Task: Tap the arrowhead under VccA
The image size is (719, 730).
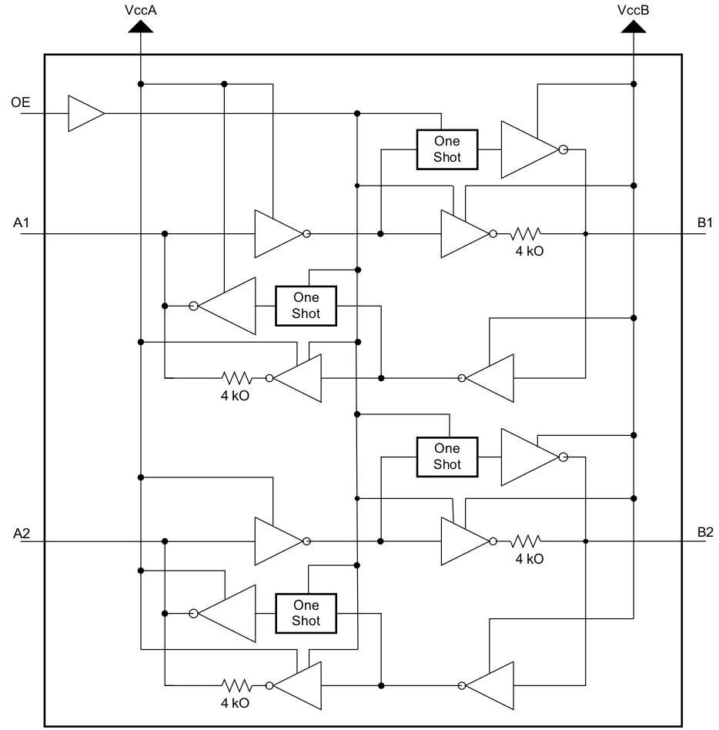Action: pos(141,27)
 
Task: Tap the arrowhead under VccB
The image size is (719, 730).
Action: pos(633,27)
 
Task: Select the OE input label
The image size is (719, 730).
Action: pos(21,102)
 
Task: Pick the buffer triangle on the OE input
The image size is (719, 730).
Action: pos(84,114)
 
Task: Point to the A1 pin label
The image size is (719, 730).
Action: pos(21,223)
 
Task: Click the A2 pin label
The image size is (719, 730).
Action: pos(21,532)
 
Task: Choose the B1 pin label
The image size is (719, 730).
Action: pos(704,223)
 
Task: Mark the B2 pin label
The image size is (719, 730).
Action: pos(704,532)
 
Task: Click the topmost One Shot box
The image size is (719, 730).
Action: pos(446,149)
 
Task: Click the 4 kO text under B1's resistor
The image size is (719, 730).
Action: pos(530,251)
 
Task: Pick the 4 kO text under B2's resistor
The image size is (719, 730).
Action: pos(530,559)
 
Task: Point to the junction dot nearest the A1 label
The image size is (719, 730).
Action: pos(165,233)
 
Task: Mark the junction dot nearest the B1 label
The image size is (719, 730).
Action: pos(586,233)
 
